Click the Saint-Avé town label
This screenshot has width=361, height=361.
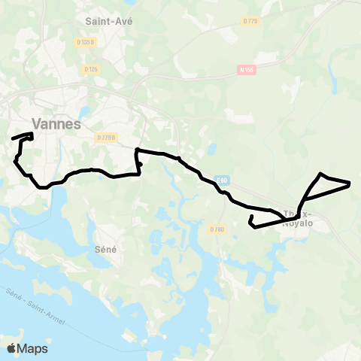(x=109, y=21)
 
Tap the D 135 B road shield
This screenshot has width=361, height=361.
(x=86, y=42)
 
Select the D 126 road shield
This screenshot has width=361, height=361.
(x=92, y=69)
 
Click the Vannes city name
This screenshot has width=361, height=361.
(x=56, y=124)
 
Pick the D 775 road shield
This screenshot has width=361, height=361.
(x=250, y=21)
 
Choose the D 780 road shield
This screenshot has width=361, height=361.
(x=217, y=229)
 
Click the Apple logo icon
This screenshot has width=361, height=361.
(x=12, y=348)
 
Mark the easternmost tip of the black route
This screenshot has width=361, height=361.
(x=350, y=183)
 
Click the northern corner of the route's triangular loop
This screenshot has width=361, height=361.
(x=322, y=174)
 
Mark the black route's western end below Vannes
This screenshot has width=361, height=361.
(x=13, y=138)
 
